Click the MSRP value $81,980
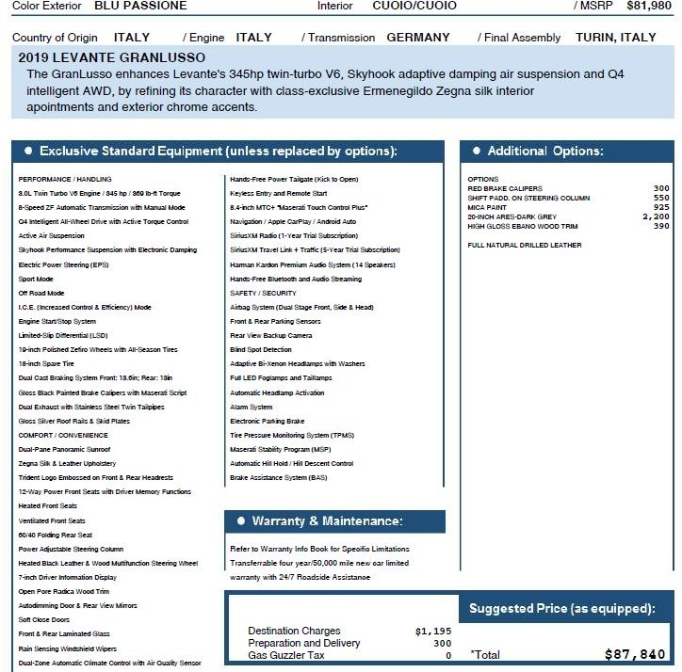(x=649, y=6)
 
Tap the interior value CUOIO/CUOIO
(x=414, y=6)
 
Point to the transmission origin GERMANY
(x=418, y=38)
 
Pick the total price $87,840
(x=635, y=654)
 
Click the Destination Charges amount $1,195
(x=433, y=631)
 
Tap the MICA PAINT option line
(x=487, y=207)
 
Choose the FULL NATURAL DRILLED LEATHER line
(x=525, y=245)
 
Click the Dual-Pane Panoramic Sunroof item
(x=65, y=449)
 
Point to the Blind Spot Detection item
(x=261, y=349)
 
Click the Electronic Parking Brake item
(x=268, y=421)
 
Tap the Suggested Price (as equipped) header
(x=561, y=609)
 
